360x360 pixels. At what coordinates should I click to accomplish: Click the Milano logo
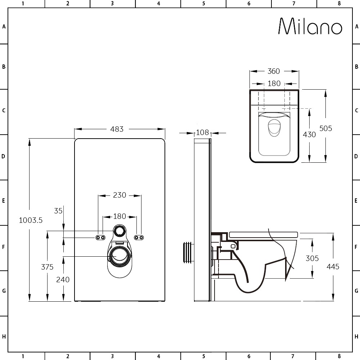coord(310,26)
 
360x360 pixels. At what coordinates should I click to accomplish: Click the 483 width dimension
coord(117,129)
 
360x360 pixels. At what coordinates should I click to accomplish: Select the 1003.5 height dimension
coord(31,220)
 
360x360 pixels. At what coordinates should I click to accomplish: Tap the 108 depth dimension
coord(202,132)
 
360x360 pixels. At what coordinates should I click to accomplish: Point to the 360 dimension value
coord(274,71)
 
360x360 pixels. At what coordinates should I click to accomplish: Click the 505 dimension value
coord(325,129)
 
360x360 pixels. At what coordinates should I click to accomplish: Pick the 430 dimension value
coord(309,135)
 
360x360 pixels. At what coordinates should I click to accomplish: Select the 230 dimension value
coord(120,195)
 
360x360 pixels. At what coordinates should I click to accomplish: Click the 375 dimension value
coord(47,267)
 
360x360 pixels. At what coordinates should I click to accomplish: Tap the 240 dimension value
coord(63,280)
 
